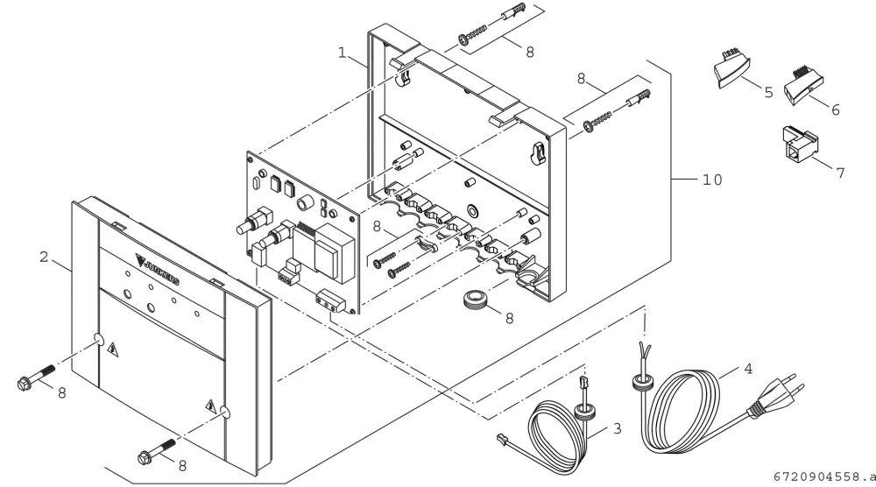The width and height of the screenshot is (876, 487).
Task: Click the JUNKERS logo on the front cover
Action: click(x=158, y=269)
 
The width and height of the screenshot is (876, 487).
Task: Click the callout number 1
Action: click(x=343, y=53)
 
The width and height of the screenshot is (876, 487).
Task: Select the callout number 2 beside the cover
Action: click(x=44, y=257)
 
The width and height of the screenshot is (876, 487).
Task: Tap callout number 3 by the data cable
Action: click(x=617, y=428)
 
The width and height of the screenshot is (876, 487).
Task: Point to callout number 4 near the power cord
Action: click(x=748, y=369)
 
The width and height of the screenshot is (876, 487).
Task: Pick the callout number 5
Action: click(x=769, y=92)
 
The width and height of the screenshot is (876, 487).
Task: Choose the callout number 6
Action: click(x=835, y=109)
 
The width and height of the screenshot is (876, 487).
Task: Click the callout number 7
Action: click(x=840, y=173)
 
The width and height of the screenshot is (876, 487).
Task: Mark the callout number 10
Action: click(x=712, y=180)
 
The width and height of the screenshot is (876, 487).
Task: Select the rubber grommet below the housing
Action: click(x=476, y=299)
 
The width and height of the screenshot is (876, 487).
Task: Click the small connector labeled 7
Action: click(x=799, y=143)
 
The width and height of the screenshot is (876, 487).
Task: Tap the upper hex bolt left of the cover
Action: click(x=36, y=377)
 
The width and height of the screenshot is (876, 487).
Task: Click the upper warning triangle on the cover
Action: click(x=113, y=349)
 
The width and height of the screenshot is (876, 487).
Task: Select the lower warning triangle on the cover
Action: click(x=211, y=406)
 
